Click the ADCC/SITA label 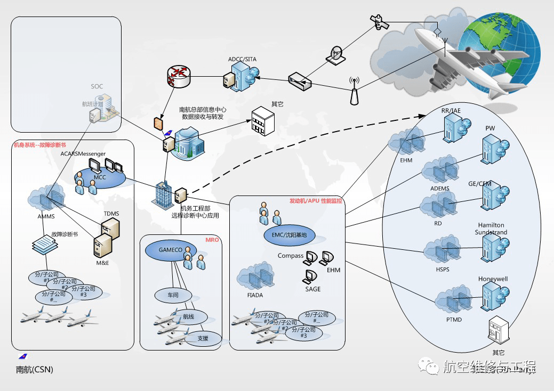[242, 59]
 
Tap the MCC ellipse [100, 177]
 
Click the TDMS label [111, 214]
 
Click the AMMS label [46, 216]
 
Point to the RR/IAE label [451, 111]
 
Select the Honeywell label [493, 279]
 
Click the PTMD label [454, 320]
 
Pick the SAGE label [313, 289]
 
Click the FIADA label [255, 295]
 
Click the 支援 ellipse [203, 338]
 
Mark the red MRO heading [212, 240]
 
